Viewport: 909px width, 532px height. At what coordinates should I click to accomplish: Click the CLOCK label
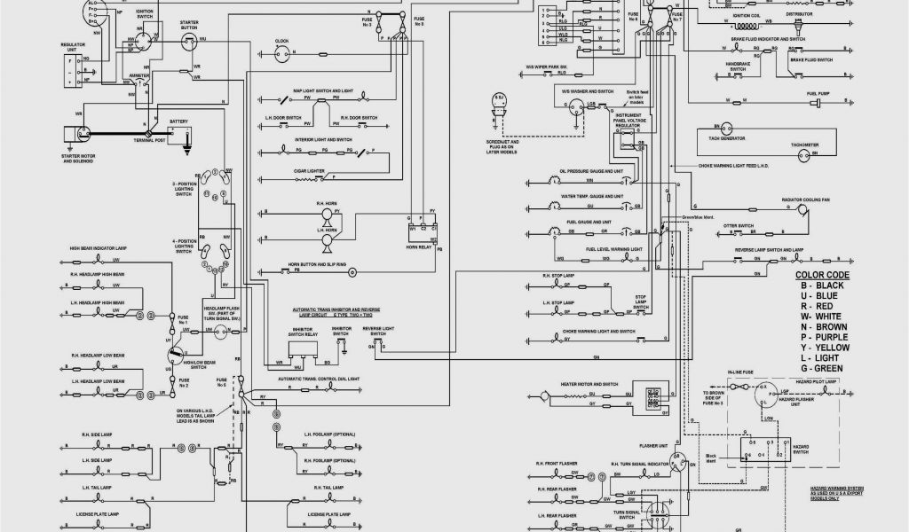click(x=282, y=42)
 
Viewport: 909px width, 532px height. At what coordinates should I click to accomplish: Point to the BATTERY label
click(x=179, y=121)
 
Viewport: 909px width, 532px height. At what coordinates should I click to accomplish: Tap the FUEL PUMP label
click(x=793, y=95)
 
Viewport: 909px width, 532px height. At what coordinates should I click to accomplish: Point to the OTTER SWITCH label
click(x=739, y=224)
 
